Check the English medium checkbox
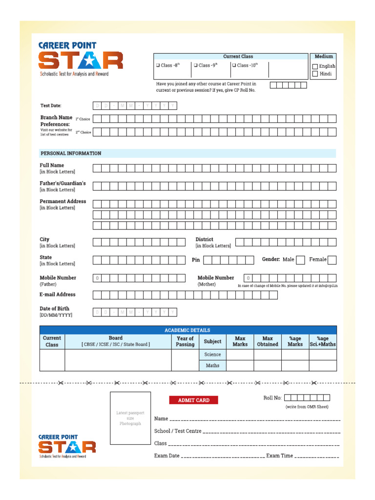[x=315, y=66]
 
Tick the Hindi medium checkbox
[x=315, y=74]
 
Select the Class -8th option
[x=158, y=65]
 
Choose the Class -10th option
[x=234, y=65]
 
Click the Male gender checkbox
[x=300, y=260]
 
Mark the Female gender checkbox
[x=332, y=260]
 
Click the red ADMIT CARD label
[x=193, y=400]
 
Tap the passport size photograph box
[x=130, y=418]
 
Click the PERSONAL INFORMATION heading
[x=71, y=153]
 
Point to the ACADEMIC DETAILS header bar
[x=187, y=330]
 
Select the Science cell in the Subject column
[x=212, y=354]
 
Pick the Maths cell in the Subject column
[x=212, y=365]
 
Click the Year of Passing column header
[x=185, y=341]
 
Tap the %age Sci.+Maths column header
[x=322, y=341]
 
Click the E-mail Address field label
[x=58, y=294]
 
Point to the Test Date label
[x=51, y=105]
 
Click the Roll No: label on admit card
[x=272, y=398]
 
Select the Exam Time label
[x=279, y=456]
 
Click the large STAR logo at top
[x=81, y=61]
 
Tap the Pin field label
[x=196, y=260]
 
